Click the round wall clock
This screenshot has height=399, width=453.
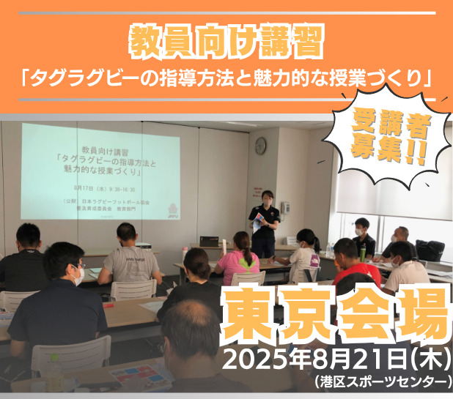click(260, 146)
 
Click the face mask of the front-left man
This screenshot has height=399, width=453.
click(77, 276)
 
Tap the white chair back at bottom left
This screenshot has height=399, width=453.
click(70, 356)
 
